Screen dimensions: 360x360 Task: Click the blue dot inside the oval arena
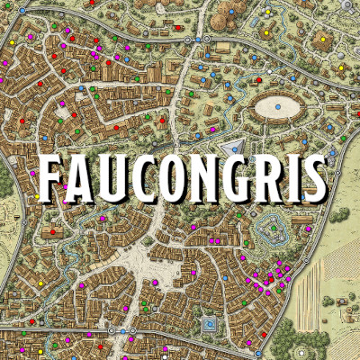click(277, 107)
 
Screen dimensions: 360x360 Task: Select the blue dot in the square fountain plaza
click(210, 323)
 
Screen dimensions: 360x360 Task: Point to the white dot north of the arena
click(270, 71)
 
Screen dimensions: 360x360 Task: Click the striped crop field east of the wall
click(333, 279)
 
